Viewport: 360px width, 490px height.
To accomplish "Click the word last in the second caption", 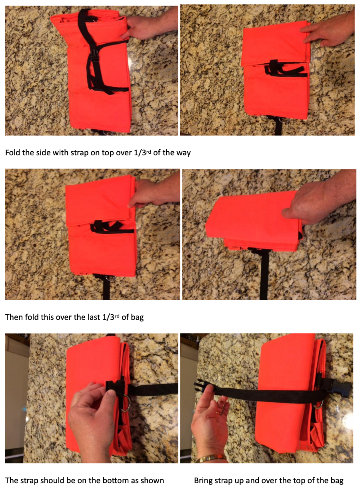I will pos(97,317).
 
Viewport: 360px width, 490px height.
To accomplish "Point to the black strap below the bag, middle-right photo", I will pos(264,276).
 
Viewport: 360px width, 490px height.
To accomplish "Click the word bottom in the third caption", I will pos(108,480).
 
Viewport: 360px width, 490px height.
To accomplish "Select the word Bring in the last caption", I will pos(203,480).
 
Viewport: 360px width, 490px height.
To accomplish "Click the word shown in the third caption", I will pos(154,480).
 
